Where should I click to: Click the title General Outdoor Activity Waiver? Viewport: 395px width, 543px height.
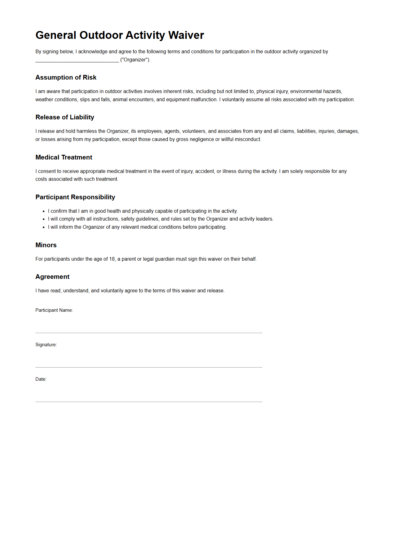[119, 35]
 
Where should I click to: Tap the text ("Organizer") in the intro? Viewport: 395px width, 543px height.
[135, 60]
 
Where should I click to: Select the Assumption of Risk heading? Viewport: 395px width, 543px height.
[66, 77]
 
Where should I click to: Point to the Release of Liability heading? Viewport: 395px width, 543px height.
[65, 117]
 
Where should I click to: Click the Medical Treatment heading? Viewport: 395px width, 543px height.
[64, 157]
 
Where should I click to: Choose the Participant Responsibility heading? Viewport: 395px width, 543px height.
[75, 197]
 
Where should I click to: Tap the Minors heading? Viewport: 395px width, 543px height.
[46, 245]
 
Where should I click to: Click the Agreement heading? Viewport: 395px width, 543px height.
[52, 277]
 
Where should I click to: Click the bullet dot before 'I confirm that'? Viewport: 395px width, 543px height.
[44, 211]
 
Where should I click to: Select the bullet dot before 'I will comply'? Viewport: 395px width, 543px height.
[44, 219]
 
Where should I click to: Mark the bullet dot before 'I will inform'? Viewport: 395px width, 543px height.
[44, 227]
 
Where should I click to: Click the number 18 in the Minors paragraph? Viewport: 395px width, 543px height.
[112, 259]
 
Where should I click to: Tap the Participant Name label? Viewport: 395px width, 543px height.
[54, 310]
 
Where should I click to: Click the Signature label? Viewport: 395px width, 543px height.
[46, 345]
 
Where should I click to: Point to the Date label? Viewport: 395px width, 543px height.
[41, 379]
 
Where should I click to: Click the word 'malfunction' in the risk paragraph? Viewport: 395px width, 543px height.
[204, 100]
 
